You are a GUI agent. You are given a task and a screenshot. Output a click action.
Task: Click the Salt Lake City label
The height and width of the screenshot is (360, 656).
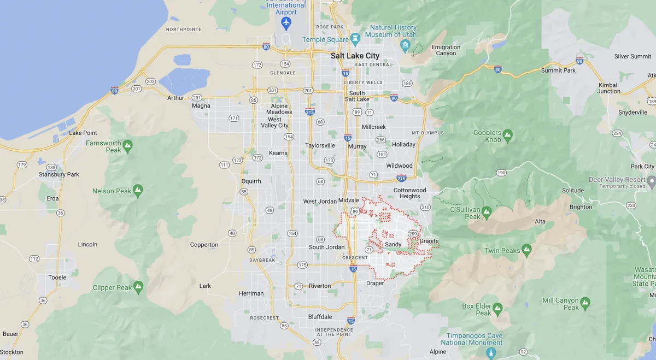tap(355, 56)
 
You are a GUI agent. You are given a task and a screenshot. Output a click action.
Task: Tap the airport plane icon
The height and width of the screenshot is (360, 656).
tap(285, 23)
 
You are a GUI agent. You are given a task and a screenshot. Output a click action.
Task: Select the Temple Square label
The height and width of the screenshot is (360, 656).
tap(326, 39)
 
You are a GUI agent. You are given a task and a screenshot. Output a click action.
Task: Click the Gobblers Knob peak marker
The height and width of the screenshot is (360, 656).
tap(508, 134)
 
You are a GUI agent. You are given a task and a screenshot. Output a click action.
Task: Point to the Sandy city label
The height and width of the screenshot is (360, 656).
tap(393, 244)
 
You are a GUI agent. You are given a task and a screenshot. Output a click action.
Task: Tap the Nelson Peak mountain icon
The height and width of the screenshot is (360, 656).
tap(138, 191)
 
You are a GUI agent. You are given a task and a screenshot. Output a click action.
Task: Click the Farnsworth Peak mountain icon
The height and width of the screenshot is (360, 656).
tap(127, 146)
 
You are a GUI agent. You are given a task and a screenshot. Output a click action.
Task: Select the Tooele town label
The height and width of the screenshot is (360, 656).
tap(57, 277)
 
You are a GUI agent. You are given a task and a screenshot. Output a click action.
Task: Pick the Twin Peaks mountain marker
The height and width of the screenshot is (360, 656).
tap(526, 251)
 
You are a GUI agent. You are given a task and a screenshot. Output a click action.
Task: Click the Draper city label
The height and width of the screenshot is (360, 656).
tap(375, 283)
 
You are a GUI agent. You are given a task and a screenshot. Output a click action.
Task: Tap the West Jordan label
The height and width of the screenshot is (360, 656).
tap(317, 202)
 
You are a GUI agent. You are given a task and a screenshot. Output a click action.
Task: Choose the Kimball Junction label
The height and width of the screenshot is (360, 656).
tap(608, 88)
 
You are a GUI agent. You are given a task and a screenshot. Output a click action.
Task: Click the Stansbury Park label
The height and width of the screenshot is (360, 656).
tap(59, 174)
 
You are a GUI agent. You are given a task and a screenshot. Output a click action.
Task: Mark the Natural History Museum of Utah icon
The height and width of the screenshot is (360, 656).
tap(405, 45)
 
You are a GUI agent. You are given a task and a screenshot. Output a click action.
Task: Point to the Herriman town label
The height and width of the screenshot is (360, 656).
tap(251, 293)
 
